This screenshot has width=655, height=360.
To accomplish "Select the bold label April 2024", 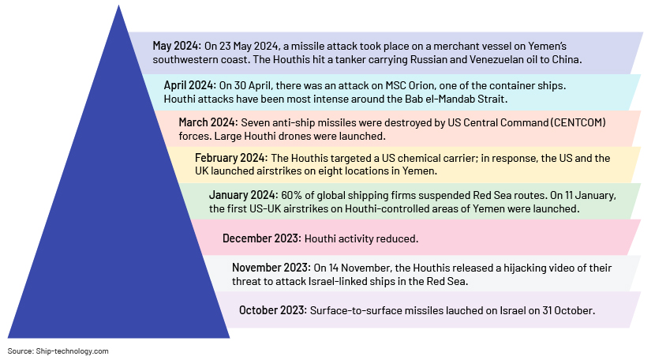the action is click(189, 85).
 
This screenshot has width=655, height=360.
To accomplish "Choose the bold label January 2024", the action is click(243, 195).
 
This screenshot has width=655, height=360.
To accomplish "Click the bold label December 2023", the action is click(261, 238).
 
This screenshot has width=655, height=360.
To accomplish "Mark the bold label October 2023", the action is click(273, 310).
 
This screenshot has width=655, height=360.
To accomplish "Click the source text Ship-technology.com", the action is click(73, 351).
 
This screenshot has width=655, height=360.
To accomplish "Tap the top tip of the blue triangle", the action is click(118, 5).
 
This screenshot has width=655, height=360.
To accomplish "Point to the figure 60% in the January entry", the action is click(290, 195).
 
